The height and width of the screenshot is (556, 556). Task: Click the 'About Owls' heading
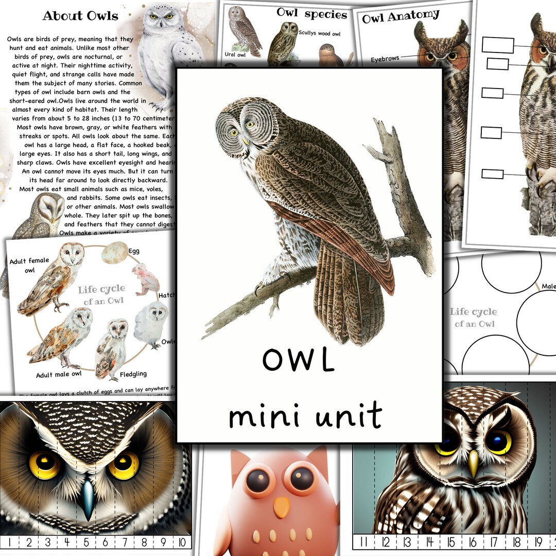pos(80,15)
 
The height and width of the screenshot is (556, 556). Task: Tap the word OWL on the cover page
pos(298,359)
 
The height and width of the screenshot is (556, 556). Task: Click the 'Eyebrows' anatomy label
pos(385,59)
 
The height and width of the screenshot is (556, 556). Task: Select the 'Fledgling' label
pos(133,374)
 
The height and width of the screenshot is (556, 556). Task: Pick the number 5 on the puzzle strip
pos(86,542)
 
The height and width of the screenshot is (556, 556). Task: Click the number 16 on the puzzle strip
pos(473,542)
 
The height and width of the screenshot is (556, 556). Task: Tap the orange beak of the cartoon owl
pos(281,508)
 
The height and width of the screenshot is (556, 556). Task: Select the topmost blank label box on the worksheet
pos(497,45)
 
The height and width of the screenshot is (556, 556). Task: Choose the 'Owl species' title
pos(311,14)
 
